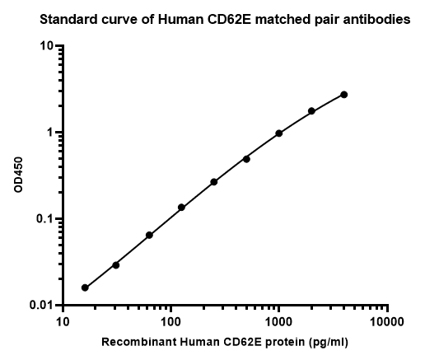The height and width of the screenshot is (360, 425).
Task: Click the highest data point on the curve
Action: [343, 95]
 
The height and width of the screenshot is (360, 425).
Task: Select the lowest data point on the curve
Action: [85, 288]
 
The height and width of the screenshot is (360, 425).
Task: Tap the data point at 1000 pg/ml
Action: [279, 133]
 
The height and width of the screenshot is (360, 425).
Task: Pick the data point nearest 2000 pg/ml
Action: [311, 111]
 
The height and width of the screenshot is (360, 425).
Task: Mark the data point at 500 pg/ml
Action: [246, 159]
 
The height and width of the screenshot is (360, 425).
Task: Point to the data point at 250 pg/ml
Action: [214, 182]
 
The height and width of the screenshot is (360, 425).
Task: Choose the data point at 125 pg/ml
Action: [181, 208]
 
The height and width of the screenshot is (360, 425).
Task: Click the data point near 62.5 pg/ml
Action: [149, 235]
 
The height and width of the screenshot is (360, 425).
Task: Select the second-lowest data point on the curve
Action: [116, 265]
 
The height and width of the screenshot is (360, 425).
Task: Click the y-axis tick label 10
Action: [46, 46]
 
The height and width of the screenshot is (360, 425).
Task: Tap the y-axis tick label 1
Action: [49, 133]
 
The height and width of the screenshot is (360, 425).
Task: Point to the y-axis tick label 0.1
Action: [44, 219]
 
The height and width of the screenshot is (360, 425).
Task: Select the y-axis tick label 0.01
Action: [41, 306]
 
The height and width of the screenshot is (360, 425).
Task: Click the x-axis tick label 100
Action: [170, 321]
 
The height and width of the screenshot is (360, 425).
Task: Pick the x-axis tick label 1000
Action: [278, 321]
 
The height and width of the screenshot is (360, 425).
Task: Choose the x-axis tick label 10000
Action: [387, 321]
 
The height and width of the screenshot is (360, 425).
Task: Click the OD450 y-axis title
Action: [18, 175]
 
